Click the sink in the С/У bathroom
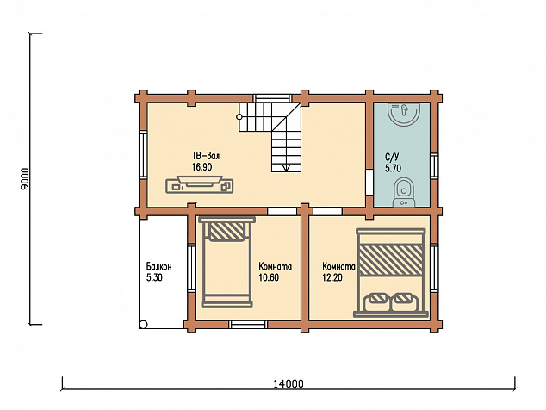coord(404,114)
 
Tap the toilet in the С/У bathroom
coord(404,192)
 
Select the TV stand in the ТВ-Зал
coord(199,184)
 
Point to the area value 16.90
coord(202,167)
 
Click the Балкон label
coord(158,267)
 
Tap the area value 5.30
coord(154,277)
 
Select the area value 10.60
coord(269,277)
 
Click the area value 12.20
coord(332,277)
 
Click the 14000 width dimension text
coord(289,384)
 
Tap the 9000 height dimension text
coord(25,179)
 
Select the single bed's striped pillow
coord(227,232)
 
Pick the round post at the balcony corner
coord(143,325)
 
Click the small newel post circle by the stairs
coord(239,116)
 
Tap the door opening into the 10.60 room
coord(282,211)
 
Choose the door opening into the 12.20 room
coord(327,211)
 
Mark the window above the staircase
coord(272,97)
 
